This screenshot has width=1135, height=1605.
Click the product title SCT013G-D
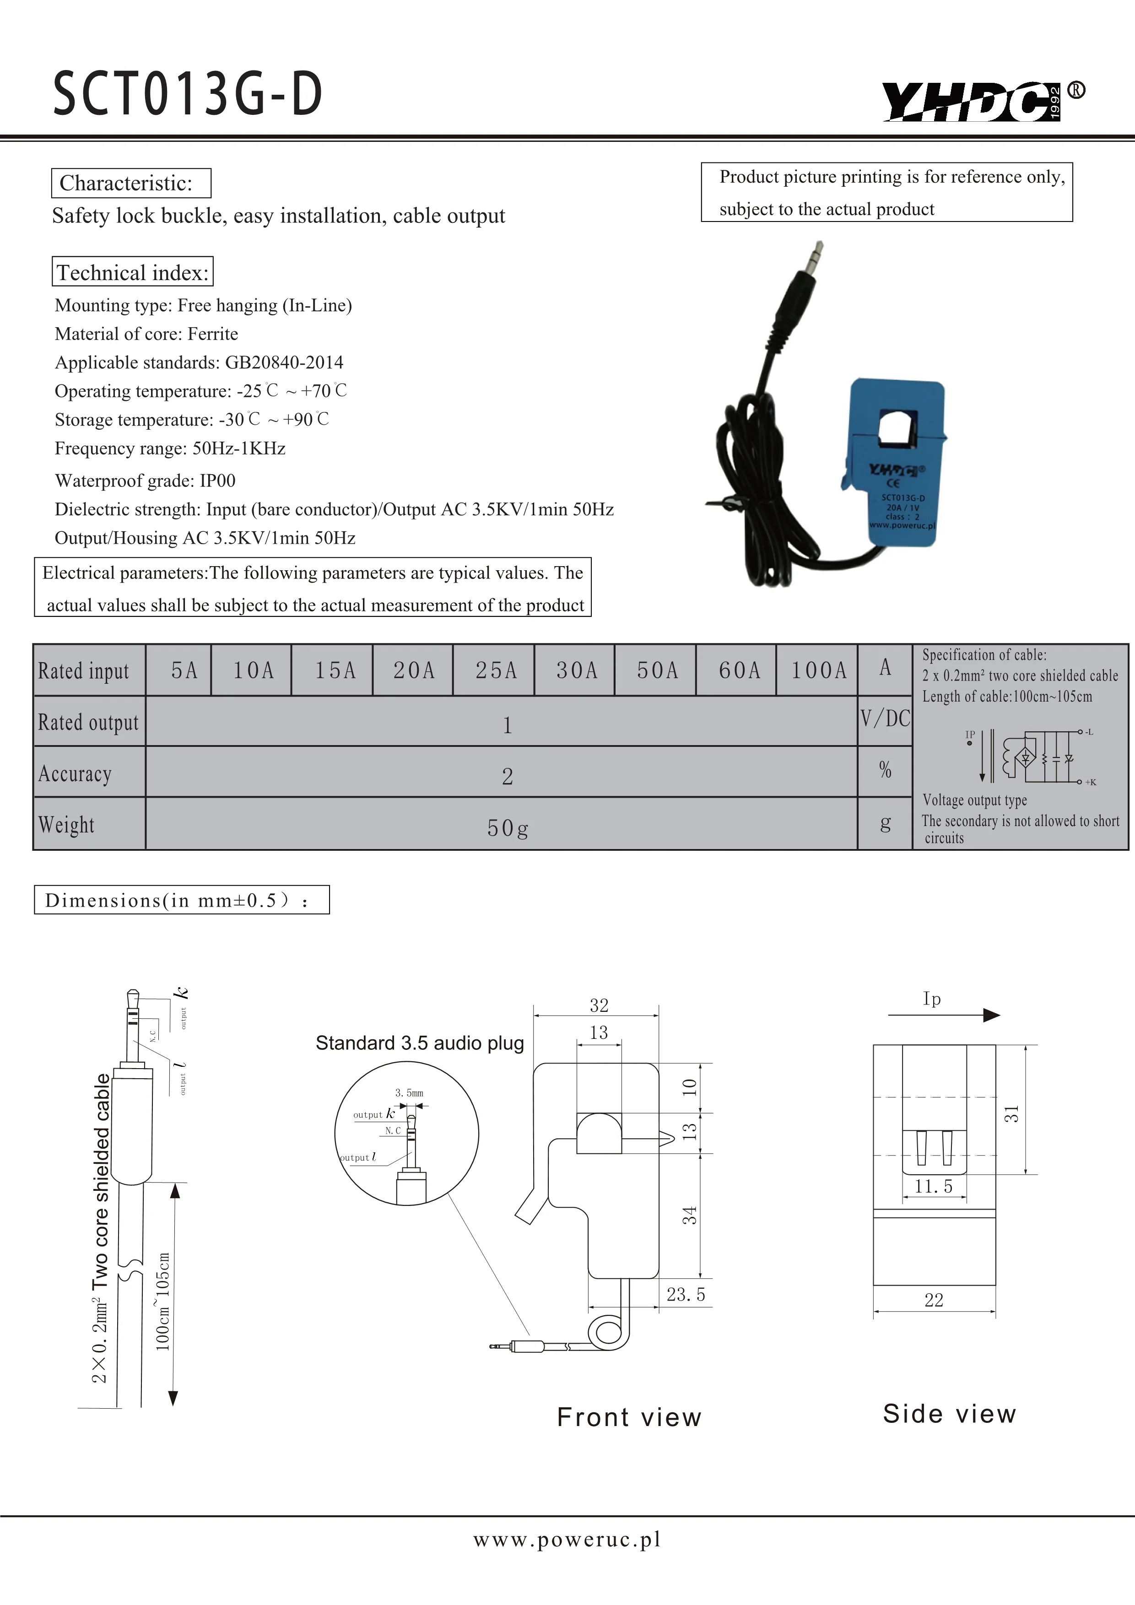(x=187, y=94)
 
